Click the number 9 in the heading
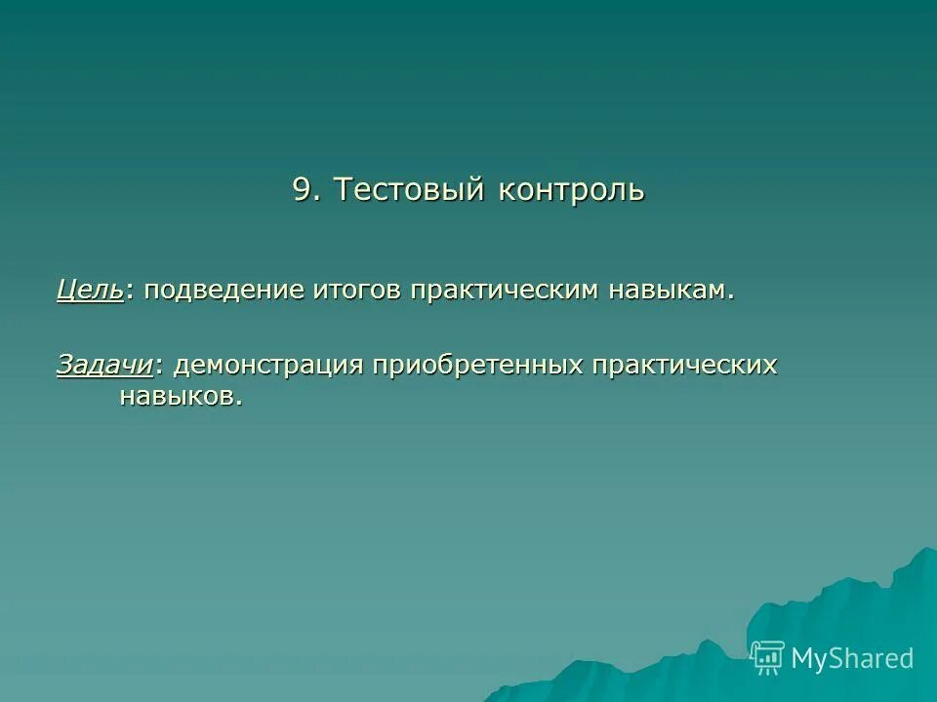coord(304,189)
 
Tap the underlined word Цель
coord(90,291)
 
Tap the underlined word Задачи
coord(104,365)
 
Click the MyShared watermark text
coord(852,658)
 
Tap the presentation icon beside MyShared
coord(768,658)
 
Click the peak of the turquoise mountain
coord(922,551)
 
